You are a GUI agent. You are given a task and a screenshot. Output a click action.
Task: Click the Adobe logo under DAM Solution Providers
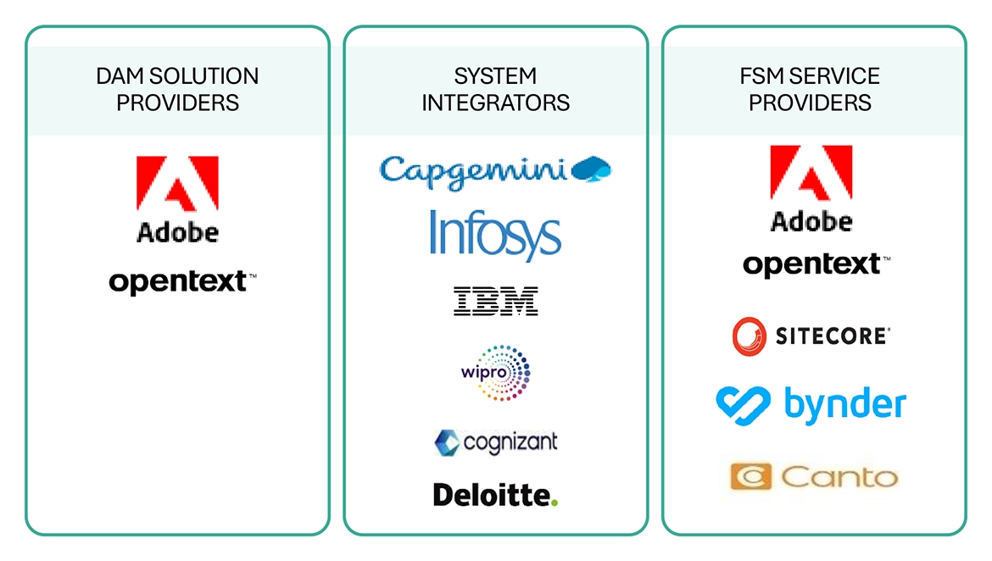tap(177, 199)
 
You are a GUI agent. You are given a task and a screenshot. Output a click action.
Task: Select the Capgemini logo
tap(495, 169)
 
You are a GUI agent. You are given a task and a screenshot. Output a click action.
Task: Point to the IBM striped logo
tap(496, 301)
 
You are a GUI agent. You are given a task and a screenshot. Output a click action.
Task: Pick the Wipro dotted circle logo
tap(496, 372)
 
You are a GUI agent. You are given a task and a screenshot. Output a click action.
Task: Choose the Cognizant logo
tap(496, 442)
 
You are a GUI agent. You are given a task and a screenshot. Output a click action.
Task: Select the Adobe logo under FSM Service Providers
tap(811, 188)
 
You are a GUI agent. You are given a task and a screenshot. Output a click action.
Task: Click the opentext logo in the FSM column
tap(811, 264)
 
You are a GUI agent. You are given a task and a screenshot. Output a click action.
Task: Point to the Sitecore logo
tap(811, 336)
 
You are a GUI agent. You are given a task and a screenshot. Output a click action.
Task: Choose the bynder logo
tap(811, 404)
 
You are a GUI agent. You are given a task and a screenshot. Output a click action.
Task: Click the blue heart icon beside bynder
tap(744, 404)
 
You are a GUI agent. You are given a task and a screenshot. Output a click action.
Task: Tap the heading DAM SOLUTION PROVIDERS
tap(177, 89)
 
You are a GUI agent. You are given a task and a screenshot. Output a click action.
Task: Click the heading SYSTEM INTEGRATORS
tap(496, 89)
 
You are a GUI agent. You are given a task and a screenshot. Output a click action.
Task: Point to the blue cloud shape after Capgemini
tap(592, 169)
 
